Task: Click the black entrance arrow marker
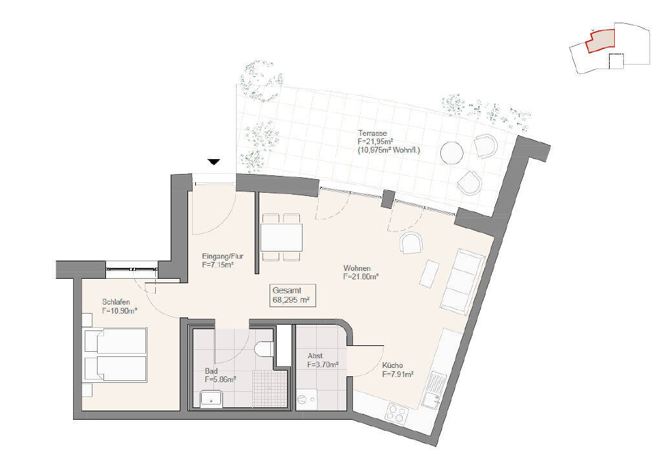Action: click(x=214, y=162)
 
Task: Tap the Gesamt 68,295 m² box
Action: click(x=293, y=295)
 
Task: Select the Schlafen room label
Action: click(x=116, y=302)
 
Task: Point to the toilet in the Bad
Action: click(x=264, y=348)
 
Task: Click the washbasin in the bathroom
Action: click(x=211, y=398)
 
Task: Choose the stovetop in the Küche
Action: click(x=397, y=413)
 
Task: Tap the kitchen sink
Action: click(x=434, y=390)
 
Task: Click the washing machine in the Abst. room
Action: click(x=306, y=398)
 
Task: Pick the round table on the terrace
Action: click(x=452, y=152)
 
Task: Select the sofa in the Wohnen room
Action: click(x=462, y=281)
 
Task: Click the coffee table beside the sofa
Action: click(x=429, y=274)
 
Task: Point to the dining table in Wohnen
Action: click(x=281, y=237)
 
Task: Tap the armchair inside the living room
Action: click(x=411, y=243)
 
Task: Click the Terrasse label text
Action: click(x=372, y=133)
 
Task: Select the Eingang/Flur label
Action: click(x=223, y=257)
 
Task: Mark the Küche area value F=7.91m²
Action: click(x=398, y=374)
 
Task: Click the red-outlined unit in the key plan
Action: click(x=600, y=41)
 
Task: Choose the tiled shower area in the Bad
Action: click(x=270, y=388)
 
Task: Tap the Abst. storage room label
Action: click(x=315, y=356)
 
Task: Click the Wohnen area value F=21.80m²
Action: click(x=361, y=277)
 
